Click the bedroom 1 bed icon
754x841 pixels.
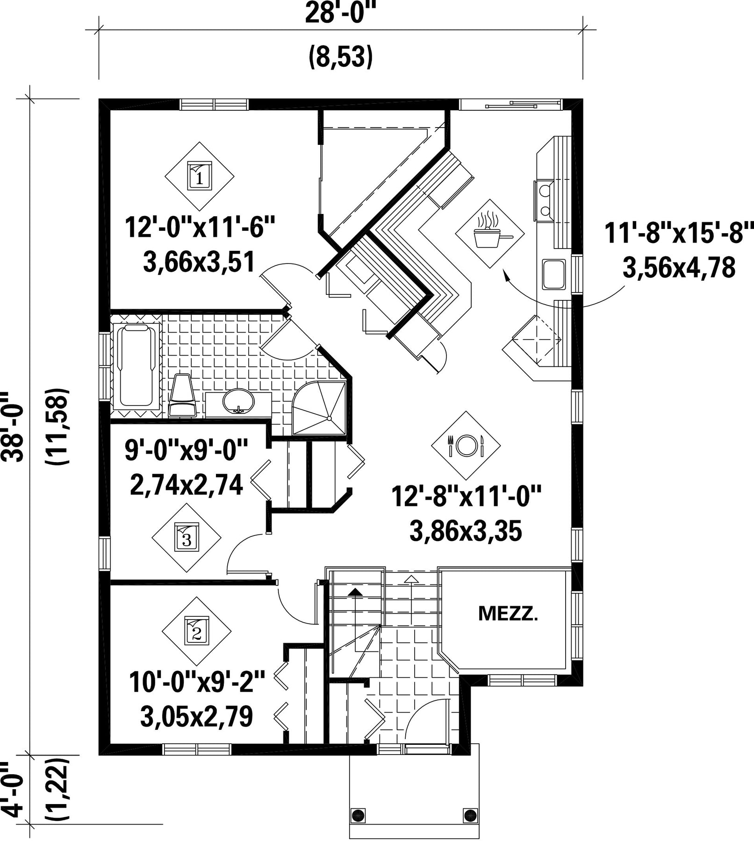pyautogui.click(x=200, y=176)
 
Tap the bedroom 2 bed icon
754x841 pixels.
pyautogui.click(x=197, y=631)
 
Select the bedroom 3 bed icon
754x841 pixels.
pyautogui.click(x=187, y=537)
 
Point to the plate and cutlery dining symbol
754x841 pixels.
pyautogui.click(x=466, y=445)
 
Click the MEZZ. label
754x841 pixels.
pyautogui.click(x=508, y=613)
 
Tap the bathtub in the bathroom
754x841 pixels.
pyautogui.click(x=137, y=366)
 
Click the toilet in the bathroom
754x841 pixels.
pyautogui.click(x=182, y=395)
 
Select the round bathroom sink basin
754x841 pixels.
pyautogui.click(x=238, y=401)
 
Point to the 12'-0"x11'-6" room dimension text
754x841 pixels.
pyautogui.click(x=200, y=228)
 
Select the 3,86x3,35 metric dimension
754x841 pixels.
pyautogui.click(x=466, y=531)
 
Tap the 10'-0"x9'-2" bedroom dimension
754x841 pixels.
pyautogui.click(x=197, y=682)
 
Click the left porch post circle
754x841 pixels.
pyautogui.click(x=359, y=815)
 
